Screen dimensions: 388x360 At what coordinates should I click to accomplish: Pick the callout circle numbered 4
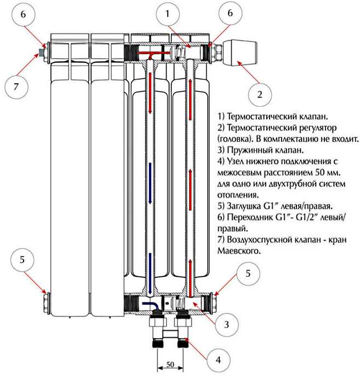coord(218,360)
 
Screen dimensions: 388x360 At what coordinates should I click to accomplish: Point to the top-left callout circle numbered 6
coord(24,15)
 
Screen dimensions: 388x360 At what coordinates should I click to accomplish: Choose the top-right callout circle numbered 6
coord(229,15)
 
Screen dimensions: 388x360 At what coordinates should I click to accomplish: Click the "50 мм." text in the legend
coord(310,172)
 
